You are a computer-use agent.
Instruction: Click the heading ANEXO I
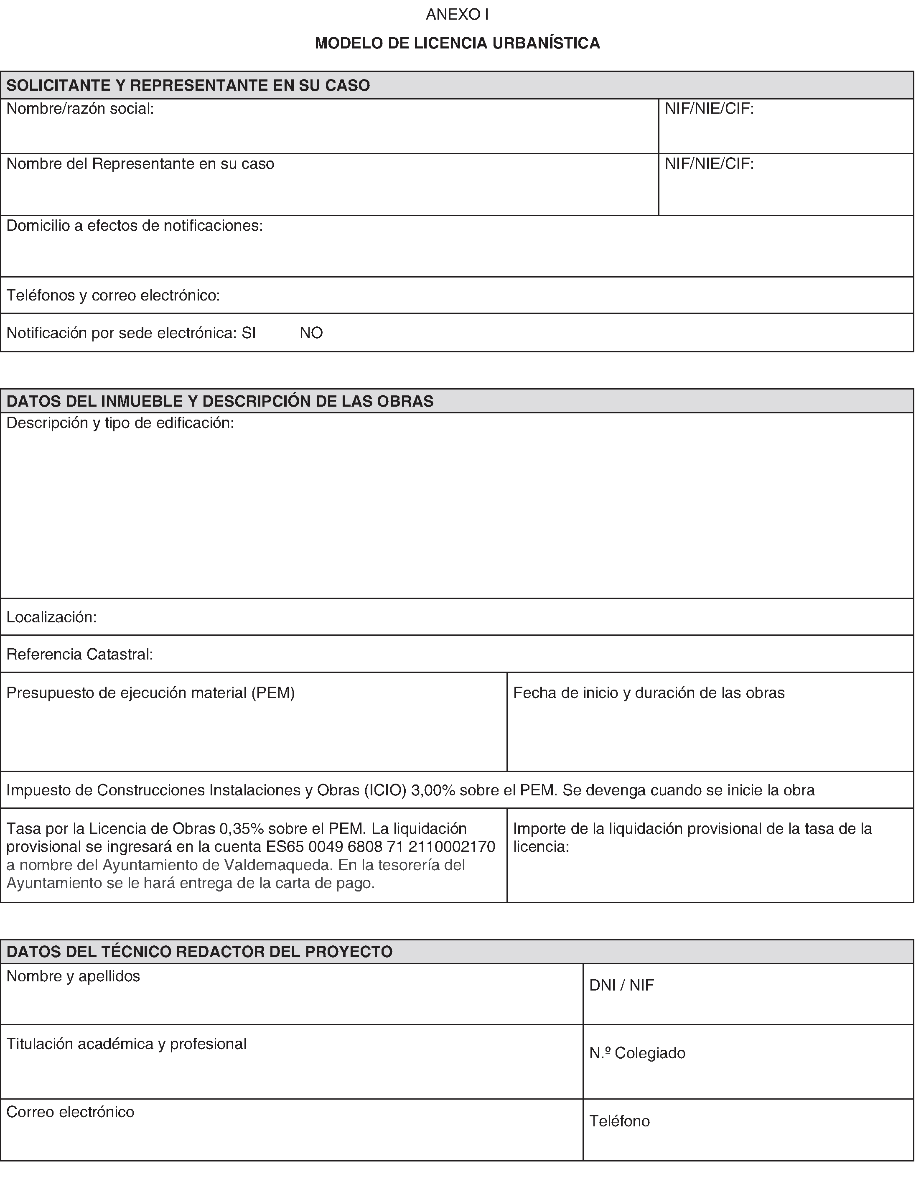457,15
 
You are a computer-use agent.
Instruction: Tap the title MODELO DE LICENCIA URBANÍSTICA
457,43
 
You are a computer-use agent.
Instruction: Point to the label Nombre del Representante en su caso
140,163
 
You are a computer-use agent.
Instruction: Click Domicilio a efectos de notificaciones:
135,225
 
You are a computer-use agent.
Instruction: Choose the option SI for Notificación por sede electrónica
249,333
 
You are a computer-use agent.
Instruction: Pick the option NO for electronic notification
311,333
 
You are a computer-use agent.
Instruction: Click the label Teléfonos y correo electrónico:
113,295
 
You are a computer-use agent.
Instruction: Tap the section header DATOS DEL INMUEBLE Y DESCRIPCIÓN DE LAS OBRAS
220,401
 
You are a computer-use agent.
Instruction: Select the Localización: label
51,617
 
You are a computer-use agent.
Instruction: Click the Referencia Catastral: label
79,654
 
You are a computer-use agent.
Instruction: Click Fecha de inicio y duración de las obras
649,693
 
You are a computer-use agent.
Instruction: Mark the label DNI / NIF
621,985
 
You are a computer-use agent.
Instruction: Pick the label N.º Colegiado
637,1052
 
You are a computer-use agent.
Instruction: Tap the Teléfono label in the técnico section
619,1121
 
